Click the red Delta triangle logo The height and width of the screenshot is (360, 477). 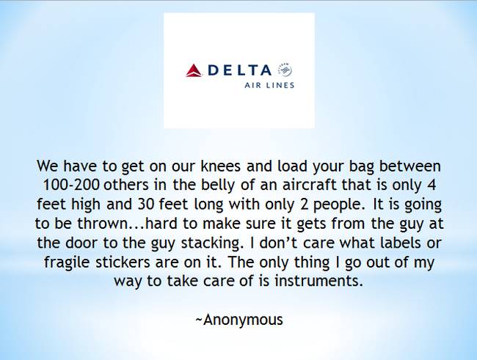(x=194, y=70)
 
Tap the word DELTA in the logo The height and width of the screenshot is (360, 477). (x=239, y=70)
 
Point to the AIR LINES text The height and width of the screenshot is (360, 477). (x=269, y=85)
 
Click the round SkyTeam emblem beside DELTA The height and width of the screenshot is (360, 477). (x=285, y=70)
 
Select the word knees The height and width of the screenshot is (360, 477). (x=221, y=166)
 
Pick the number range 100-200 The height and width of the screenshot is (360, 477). (x=71, y=185)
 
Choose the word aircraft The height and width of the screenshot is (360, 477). (x=310, y=185)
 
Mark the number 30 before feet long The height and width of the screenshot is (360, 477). (x=146, y=205)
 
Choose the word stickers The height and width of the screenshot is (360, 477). (x=123, y=262)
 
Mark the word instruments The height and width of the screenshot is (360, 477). (x=318, y=281)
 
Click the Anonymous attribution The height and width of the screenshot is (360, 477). (x=239, y=320)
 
